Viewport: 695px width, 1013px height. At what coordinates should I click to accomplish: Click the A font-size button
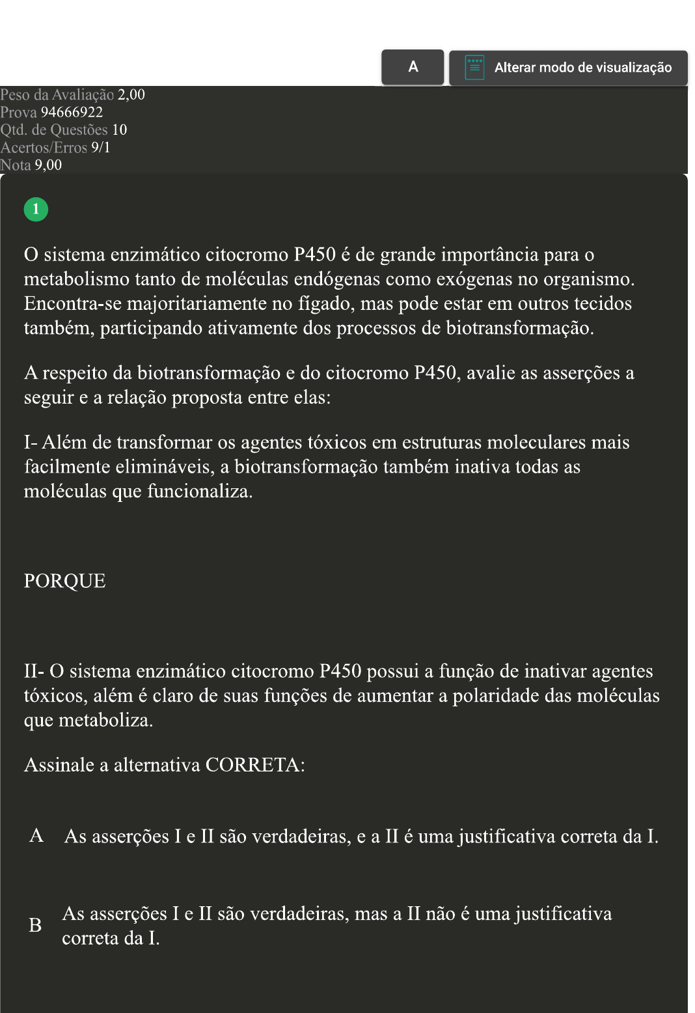413,66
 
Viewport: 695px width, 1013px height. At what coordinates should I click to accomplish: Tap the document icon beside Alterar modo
474,67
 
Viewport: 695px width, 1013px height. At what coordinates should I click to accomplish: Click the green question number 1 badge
36,209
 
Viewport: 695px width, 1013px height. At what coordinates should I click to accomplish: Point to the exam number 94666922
72,113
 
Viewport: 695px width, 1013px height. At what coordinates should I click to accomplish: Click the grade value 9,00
48,165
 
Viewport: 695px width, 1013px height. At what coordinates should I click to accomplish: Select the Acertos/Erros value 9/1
101,148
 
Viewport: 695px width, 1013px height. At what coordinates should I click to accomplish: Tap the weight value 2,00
131,95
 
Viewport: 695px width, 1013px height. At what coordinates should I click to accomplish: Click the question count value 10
119,130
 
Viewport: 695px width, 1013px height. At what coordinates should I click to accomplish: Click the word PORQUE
64,581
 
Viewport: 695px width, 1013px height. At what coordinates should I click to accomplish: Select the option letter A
36,836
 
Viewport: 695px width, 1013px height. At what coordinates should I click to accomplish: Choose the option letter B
35,925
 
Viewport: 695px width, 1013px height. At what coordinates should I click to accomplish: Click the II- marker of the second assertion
34,671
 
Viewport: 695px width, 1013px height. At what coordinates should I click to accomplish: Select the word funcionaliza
199,492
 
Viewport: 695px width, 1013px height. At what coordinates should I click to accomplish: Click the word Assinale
59,765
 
